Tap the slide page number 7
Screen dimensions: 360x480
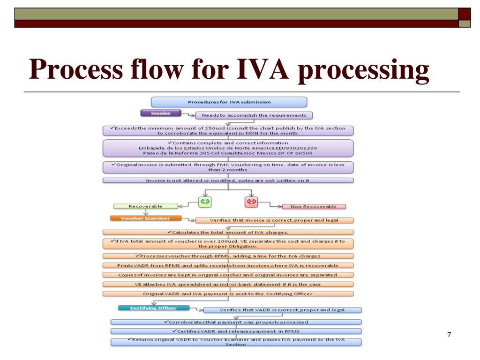click(449, 334)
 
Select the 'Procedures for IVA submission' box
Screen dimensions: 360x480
click(229, 102)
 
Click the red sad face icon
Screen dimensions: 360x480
click(251, 202)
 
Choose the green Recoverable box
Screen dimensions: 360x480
click(145, 206)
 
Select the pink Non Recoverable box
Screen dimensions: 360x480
click(314, 206)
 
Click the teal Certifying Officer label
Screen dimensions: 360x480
click(153, 308)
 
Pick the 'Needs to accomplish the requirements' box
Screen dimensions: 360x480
click(254, 115)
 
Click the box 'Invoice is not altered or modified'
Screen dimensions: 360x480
click(228, 180)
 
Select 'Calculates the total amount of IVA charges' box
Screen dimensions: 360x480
click(228, 232)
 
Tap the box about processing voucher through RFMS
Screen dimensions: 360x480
click(228, 256)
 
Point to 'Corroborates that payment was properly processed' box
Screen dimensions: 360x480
click(236, 322)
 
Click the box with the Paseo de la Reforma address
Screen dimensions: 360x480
click(228, 148)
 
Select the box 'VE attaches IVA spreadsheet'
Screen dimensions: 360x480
click(228, 284)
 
